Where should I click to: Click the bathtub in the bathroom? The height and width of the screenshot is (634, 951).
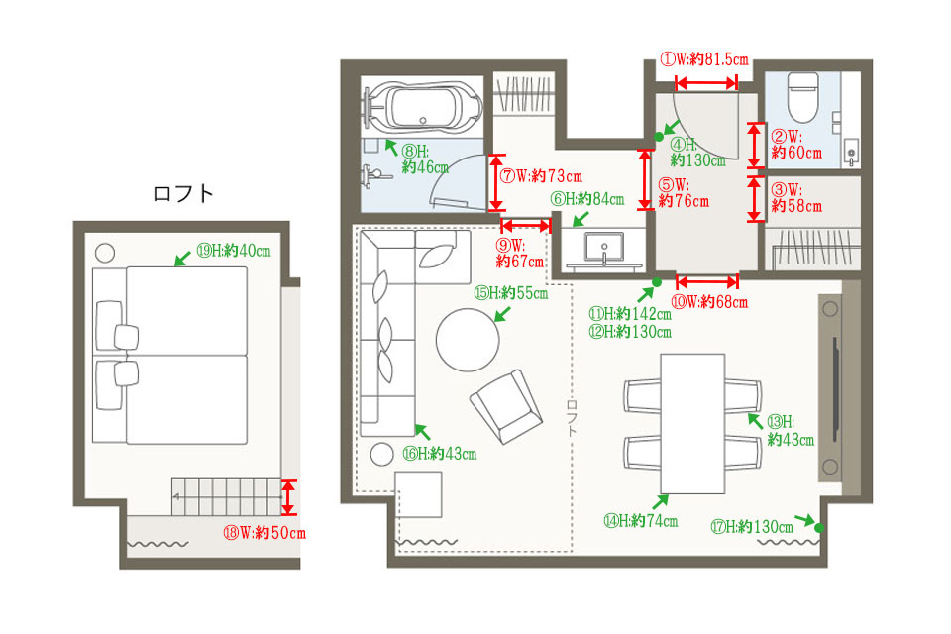pyautogui.click(x=423, y=107)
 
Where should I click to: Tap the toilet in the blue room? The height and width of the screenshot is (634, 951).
pyautogui.click(x=803, y=97)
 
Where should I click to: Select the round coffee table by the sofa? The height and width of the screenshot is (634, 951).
pyautogui.click(x=468, y=340)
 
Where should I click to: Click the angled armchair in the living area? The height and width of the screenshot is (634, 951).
pyautogui.click(x=506, y=406)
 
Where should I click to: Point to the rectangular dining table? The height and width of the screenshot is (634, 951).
pyautogui.click(x=692, y=423)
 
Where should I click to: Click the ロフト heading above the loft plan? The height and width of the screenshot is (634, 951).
pyautogui.click(x=183, y=193)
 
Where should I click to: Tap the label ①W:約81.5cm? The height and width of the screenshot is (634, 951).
pyautogui.click(x=704, y=59)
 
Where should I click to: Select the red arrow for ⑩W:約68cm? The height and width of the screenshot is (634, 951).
pyautogui.click(x=707, y=281)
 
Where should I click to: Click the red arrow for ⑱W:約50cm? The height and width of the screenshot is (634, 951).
pyautogui.click(x=289, y=497)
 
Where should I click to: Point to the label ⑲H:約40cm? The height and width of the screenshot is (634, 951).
pyautogui.click(x=234, y=250)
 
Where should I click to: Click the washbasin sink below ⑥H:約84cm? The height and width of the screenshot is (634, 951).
pyautogui.click(x=604, y=249)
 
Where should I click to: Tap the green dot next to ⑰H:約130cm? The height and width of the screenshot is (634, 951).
pyautogui.click(x=819, y=528)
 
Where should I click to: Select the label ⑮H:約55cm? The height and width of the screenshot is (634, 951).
pyautogui.click(x=511, y=293)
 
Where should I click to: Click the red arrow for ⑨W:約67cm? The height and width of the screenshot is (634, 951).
pyautogui.click(x=526, y=226)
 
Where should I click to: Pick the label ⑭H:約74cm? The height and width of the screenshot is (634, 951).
pyautogui.click(x=641, y=520)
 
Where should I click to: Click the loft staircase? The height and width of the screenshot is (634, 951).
pyautogui.click(x=226, y=497)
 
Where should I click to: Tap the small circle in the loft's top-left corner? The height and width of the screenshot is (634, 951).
pyautogui.click(x=105, y=252)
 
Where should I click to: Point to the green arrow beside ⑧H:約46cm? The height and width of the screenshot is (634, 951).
pyautogui.click(x=392, y=147)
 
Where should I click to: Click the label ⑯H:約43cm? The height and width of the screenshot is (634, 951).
pyautogui.click(x=440, y=453)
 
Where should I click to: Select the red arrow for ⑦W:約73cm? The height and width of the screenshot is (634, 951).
pyautogui.click(x=496, y=182)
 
